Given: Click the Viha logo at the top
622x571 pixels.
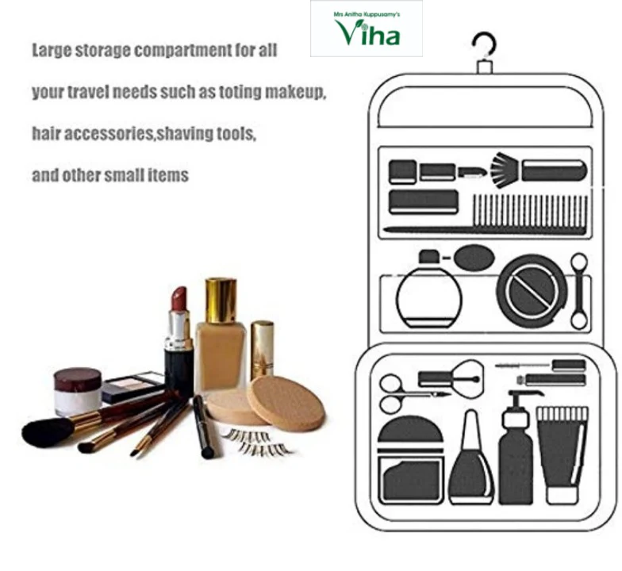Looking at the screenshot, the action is (x=367, y=29).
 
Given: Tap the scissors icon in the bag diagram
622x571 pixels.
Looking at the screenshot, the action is (x=413, y=393).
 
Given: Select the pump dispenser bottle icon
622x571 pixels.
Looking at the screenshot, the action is (x=516, y=447).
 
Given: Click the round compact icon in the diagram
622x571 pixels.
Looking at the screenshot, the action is (x=532, y=290).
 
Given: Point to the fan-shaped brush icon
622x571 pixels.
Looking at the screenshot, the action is (x=505, y=170).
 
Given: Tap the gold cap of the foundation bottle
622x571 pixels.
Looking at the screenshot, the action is (x=221, y=301).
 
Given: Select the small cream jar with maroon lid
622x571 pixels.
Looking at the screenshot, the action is (x=78, y=391).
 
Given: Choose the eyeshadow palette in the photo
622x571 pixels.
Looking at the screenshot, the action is (x=133, y=386).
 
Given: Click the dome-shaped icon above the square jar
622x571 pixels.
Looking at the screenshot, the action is (x=410, y=429).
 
